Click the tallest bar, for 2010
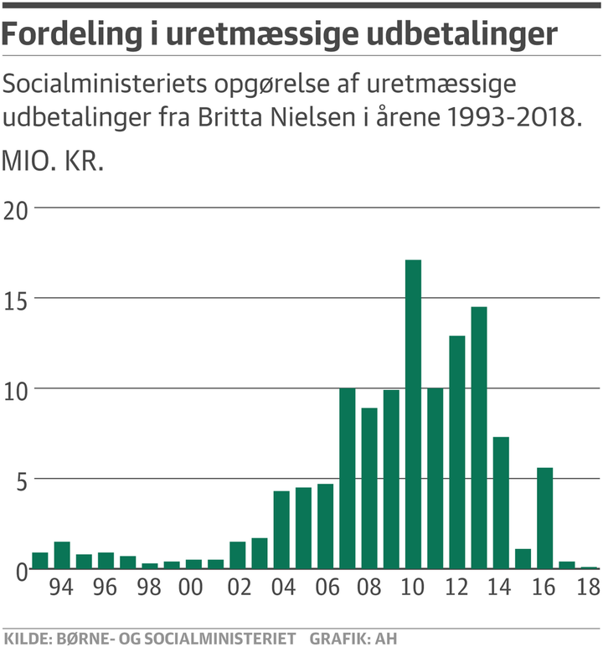(x=413, y=414)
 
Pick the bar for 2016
(x=544, y=518)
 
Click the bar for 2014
(x=500, y=503)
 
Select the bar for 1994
(x=62, y=556)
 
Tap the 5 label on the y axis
(x=18, y=480)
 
